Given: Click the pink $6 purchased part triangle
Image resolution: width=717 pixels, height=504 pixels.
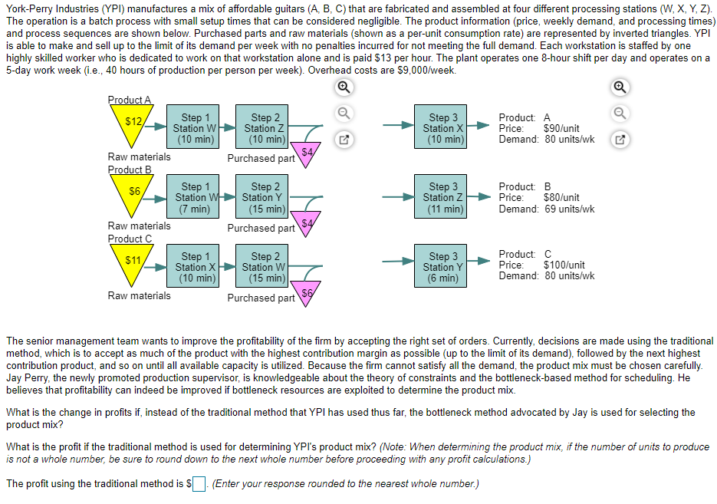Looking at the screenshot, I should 307,295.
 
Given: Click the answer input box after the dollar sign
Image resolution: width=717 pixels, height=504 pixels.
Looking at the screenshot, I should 199,484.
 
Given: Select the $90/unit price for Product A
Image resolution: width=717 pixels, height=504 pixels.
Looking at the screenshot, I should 561,129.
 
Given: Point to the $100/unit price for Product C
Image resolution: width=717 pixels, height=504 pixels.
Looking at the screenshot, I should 564,265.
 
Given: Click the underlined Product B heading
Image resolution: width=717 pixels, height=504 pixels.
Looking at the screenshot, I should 130,170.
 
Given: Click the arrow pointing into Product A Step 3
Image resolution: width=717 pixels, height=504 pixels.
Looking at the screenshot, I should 399,128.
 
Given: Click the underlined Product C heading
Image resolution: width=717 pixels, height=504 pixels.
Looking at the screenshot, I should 130,239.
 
